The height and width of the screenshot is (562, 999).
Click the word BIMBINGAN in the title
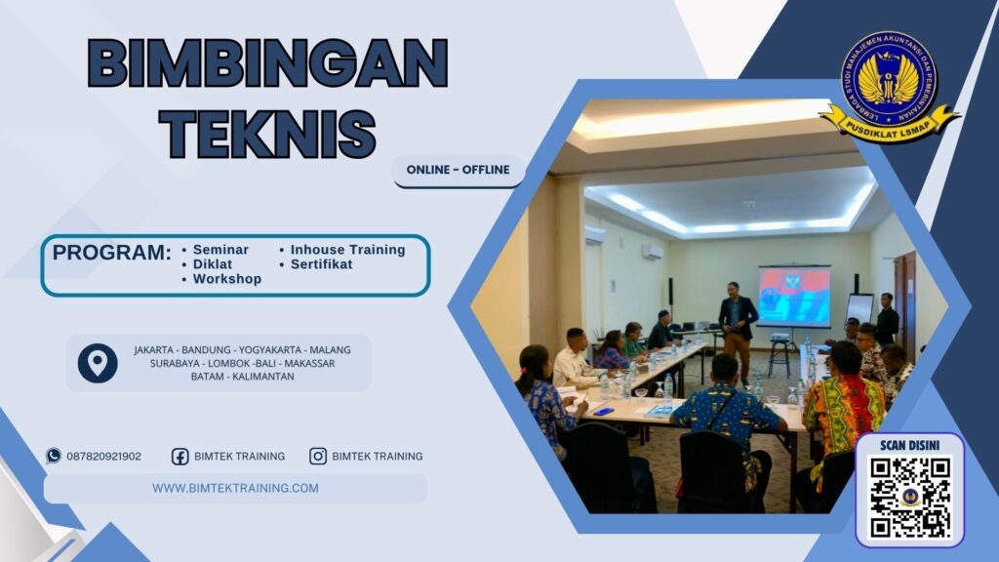tap(267, 65)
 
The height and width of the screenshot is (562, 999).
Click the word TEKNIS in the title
tap(267, 132)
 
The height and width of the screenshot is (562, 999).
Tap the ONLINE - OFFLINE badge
tap(458, 170)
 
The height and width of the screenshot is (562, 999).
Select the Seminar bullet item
tap(220, 250)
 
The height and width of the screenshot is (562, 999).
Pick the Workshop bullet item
tap(226, 279)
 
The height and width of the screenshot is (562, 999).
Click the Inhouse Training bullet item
tap(347, 250)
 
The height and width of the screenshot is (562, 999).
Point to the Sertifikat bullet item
tap(321, 264)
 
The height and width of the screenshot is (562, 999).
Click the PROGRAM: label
tap(111, 253)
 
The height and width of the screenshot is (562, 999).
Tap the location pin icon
tap(98, 363)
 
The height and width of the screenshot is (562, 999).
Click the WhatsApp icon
tap(54, 456)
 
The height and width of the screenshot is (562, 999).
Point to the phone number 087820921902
tap(103, 456)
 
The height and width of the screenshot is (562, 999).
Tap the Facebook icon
tap(180, 456)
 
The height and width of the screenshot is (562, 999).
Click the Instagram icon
tap(318, 456)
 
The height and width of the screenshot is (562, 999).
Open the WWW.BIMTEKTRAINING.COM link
tap(235, 488)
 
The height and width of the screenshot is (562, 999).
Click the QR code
tap(909, 497)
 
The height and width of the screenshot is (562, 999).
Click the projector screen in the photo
tap(793, 296)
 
